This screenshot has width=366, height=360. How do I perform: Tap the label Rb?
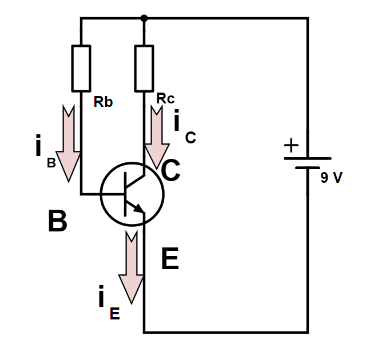[103, 102]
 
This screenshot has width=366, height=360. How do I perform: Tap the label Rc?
[165, 98]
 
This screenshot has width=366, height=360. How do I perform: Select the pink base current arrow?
[69, 143]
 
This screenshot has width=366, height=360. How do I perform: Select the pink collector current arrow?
[157, 138]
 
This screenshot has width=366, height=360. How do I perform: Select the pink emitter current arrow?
[132, 267]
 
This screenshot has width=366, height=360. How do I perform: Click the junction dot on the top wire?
[144, 18]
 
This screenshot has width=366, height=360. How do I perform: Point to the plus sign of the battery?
[291, 145]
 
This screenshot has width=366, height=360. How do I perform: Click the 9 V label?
[332, 178]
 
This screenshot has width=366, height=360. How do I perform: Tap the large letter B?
[57, 221]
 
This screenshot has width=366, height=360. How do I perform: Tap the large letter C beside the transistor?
[170, 170]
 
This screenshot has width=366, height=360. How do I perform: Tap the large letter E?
[170, 259]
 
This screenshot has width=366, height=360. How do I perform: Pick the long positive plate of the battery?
[308, 158]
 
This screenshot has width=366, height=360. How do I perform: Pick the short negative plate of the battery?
[308, 167]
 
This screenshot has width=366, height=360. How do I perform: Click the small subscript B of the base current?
[51, 163]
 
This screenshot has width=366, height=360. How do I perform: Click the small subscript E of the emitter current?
[114, 314]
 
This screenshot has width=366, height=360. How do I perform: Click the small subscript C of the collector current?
[190, 138]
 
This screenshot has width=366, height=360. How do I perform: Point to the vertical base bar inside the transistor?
[125, 194]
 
